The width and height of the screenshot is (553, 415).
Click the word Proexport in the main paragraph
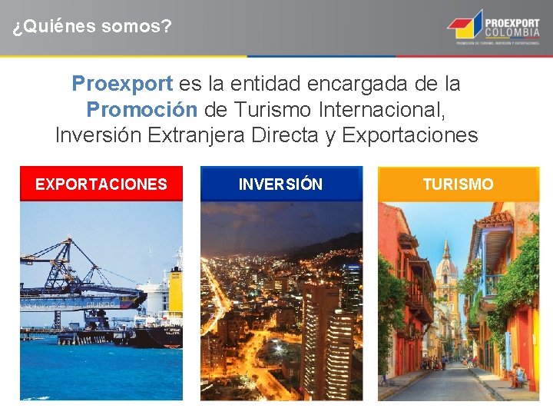tap(123, 82)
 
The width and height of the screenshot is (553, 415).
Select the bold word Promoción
tap(142, 109)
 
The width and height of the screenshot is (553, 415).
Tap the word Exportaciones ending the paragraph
tap(410, 135)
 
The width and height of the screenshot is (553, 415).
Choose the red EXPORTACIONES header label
tap(101, 184)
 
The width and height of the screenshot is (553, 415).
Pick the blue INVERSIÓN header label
tap(281, 184)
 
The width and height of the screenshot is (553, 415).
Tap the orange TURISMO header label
tap(459, 184)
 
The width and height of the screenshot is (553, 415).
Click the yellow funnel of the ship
tap(176, 292)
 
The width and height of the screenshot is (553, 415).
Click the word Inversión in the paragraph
tap(98, 135)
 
